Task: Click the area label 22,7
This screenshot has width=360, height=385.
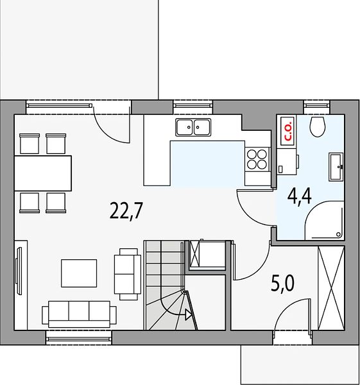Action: coord(126,210)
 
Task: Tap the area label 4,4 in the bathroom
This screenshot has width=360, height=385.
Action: coord(300,196)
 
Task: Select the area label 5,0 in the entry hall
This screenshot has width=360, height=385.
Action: coord(282,283)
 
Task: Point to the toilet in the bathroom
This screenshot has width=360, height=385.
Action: coord(318,126)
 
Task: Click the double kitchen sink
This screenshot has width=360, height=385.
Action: coord(193,127)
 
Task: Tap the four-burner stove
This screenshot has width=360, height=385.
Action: coord(257,160)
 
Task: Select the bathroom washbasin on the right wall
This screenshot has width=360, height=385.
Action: coord(336,166)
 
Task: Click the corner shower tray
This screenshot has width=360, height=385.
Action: coord(324,220)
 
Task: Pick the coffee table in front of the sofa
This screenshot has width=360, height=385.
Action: coord(79,273)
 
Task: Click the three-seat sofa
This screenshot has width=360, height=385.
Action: coord(79,314)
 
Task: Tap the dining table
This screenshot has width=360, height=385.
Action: coord(43,173)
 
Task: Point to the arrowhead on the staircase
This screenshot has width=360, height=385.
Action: coord(189,314)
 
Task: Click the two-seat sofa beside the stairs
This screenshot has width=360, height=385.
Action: coord(128,274)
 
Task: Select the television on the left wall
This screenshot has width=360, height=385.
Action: coord(19,270)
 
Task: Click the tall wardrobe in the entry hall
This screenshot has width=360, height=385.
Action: coord(331,288)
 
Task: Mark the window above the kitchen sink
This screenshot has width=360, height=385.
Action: coord(193,105)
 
